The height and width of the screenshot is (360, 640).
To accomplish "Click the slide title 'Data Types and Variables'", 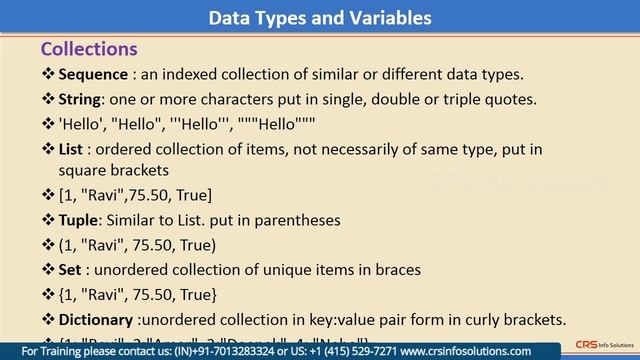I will tap(320, 18).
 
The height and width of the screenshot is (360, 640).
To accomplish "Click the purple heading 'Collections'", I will tap(88, 49).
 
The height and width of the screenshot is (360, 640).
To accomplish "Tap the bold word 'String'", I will tap(83, 100).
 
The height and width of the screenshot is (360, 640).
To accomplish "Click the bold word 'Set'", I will tap(71, 269).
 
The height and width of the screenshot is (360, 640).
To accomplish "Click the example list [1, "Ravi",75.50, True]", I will tap(135, 195).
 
